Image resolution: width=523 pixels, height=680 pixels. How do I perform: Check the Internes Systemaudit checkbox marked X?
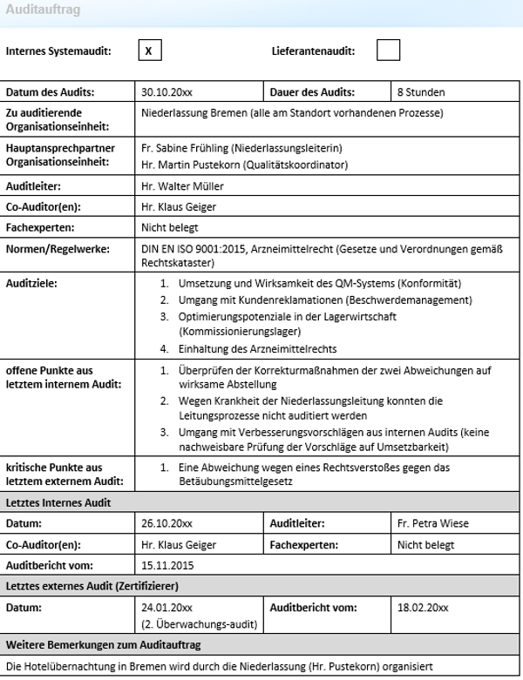pyautogui.click(x=148, y=50)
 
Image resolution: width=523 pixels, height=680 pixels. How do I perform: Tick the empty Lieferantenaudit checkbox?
pyautogui.click(x=388, y=50)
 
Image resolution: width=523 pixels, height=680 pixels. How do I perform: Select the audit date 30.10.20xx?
pyautogui.click(x=167, y=92)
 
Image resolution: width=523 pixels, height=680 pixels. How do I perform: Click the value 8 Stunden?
pyautogui.click(x=421, y=92)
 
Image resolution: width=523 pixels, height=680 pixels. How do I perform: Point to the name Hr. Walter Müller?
pyautogui.click(x=182, y=186)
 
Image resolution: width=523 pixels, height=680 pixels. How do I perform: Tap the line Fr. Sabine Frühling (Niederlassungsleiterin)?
pyautogui.click(x=241, y=148)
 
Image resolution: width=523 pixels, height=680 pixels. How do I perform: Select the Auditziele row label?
pyautogui.click(x=31, y=284)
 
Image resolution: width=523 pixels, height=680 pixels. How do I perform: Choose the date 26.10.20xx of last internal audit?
pyautogui.click(x=166, y=524)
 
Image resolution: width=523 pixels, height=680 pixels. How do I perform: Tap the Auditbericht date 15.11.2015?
pyautogui.click(x=167, y=565)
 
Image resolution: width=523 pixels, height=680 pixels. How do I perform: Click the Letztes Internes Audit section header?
pyautogui.click(x=58, y=503)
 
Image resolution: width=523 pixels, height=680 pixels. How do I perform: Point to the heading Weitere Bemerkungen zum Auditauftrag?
pyautogui.click(x=104, y=644)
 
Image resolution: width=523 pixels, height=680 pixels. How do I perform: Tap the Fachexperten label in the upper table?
pyautogui.click(x=40, y=228)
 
